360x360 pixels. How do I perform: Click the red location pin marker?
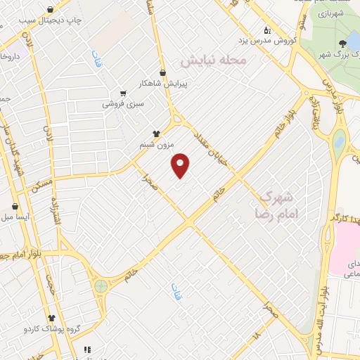click(181, 165)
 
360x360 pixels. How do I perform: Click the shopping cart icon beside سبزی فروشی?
click(124, 93)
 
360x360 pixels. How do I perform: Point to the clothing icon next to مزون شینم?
click(157, 133)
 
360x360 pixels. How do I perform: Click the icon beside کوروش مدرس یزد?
click(267, 30)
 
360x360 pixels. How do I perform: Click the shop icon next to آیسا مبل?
click(15, 207)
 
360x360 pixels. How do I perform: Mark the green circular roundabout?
click(101, 286)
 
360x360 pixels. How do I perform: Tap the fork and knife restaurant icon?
click(87, 349)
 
